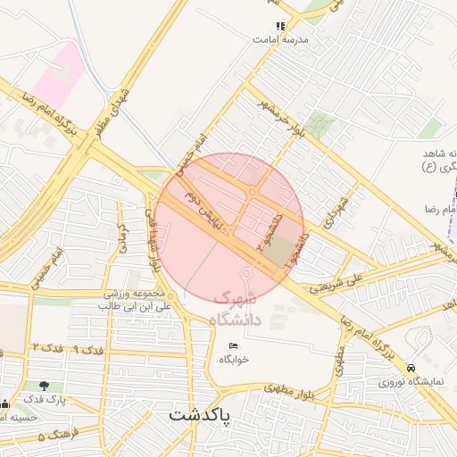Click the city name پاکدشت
(x=200, y=417)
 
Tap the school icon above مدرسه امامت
(x=281, y=27)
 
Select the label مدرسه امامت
(x=280, y=40)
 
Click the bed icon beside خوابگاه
(x=234, y=345)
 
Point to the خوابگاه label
(x=234, y=359)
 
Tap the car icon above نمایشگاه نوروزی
(x=410, y=368)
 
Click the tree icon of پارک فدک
(x=43, y=386)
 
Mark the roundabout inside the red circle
(x=253, y=192)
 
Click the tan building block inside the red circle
(x=278, y=251)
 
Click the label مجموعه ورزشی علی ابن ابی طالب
(x=134, y=300)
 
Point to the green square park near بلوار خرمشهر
(x=320, y=125)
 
